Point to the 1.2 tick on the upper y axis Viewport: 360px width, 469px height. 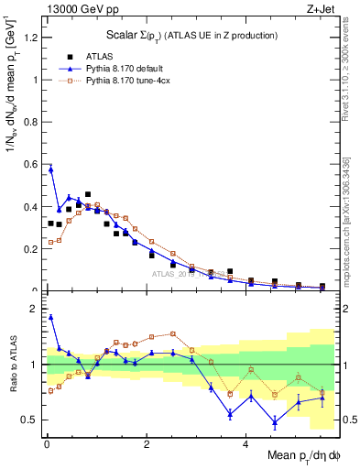[31, 38]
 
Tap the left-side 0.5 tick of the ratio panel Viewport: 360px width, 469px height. [31, 420]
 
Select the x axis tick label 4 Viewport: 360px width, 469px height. [245, 446]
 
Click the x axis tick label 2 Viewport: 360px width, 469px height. [147, 446]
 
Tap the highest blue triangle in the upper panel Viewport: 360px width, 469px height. [50, 169]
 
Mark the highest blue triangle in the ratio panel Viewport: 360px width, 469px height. [50, 317]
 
